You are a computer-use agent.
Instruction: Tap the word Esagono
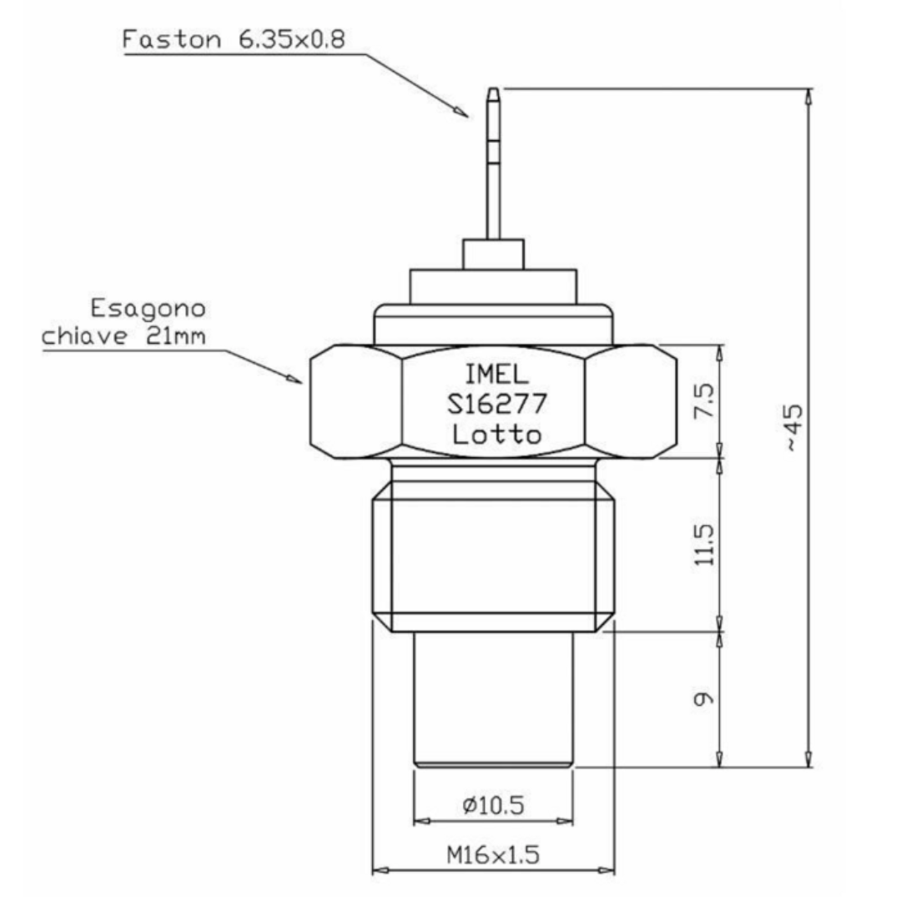pyautogui.click(x=148, y=310)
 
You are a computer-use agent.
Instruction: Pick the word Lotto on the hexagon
pyautogui.click(x=496, y=434)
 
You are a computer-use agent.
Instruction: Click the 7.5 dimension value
pyautogui.click(x=706, y=400)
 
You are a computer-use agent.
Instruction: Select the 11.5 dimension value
pyautogui.click(x=706, y=544)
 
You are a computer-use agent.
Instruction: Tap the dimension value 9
pyautogui.click(x=706, y=698)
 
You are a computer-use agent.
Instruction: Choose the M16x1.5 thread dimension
pyautogui.click(x=493, y=854)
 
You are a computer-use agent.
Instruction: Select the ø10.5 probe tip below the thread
pyautogui.click(x=493, y=697)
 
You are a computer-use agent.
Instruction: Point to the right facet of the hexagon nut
pyautogui.click(x=631, y=401)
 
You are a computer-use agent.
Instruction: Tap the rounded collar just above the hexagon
pyautogui.click(x=493, y=324)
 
